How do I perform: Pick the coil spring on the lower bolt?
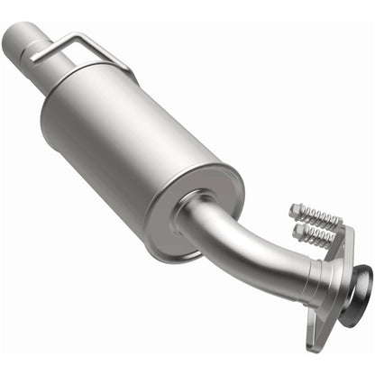pyautogui.click(x=318, y=238)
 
